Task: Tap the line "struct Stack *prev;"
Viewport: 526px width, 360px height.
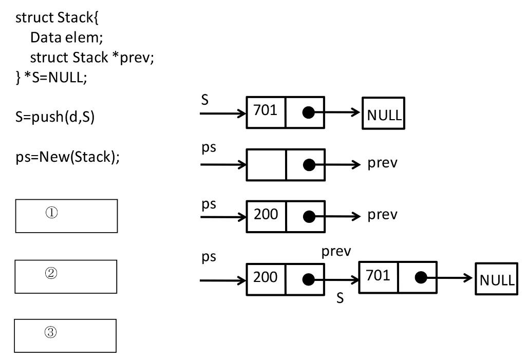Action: point(92,58)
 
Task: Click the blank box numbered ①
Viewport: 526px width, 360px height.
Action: point(67,216)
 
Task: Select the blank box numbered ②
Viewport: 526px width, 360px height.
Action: point(66,276)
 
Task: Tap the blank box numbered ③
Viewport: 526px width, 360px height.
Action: point(65,336)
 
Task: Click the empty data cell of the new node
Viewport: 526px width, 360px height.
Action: point(266,165)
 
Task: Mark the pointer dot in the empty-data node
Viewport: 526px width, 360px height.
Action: point(308,165)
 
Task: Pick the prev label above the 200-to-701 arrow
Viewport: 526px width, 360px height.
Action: point(336,252)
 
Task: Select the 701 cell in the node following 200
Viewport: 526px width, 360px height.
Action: point(378,277)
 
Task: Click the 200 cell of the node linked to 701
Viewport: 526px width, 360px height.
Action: point(266,278)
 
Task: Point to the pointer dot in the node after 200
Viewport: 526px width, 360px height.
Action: point(421,278)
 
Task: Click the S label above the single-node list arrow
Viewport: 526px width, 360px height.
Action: point(205,100)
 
